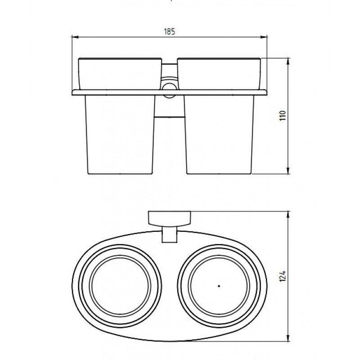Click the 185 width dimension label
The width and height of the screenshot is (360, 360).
coord(170,31)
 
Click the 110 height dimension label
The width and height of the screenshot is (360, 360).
coord(283,116)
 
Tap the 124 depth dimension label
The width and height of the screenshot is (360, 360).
coord(283,276)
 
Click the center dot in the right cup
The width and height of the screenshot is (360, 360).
coord(219,286)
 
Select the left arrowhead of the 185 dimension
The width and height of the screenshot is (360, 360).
coord(75,36)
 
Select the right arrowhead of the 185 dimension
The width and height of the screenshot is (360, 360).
coord(264,36)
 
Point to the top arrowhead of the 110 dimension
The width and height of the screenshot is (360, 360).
coord(288,62)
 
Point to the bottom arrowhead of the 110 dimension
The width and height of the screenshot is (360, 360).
coord(288,171)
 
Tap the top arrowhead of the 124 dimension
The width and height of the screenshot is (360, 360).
coord(288,215)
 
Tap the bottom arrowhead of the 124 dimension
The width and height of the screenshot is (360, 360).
coord(288,338)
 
